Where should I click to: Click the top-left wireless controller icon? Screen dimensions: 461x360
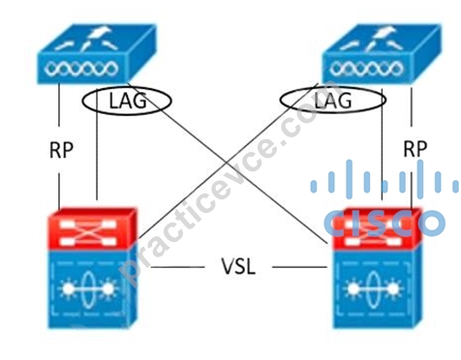[96, 53]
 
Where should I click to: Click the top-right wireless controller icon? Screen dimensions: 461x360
[382, 53]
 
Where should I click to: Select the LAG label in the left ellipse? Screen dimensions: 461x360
[128, 101]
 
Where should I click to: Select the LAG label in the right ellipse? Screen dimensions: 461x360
[332, 101]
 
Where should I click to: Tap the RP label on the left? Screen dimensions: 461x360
[61, 150]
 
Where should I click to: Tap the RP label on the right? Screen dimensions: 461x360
[415, 149]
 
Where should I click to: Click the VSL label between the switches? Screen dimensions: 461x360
[238, 266]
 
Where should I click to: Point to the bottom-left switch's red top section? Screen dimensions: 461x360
[93, 228]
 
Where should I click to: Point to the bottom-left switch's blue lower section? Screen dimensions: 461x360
[93, 288]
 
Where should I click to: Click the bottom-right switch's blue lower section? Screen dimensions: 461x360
[377, 288]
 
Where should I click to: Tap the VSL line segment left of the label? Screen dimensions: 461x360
[177, 267]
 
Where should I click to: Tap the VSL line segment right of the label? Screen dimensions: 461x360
[299, 267]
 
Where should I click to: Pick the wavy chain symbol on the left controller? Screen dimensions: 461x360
[81, 69]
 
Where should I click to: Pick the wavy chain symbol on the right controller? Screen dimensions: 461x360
[366, 69]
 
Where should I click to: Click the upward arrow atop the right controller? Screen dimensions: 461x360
[385, 34]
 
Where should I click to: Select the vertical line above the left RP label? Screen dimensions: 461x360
[59, 105]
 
